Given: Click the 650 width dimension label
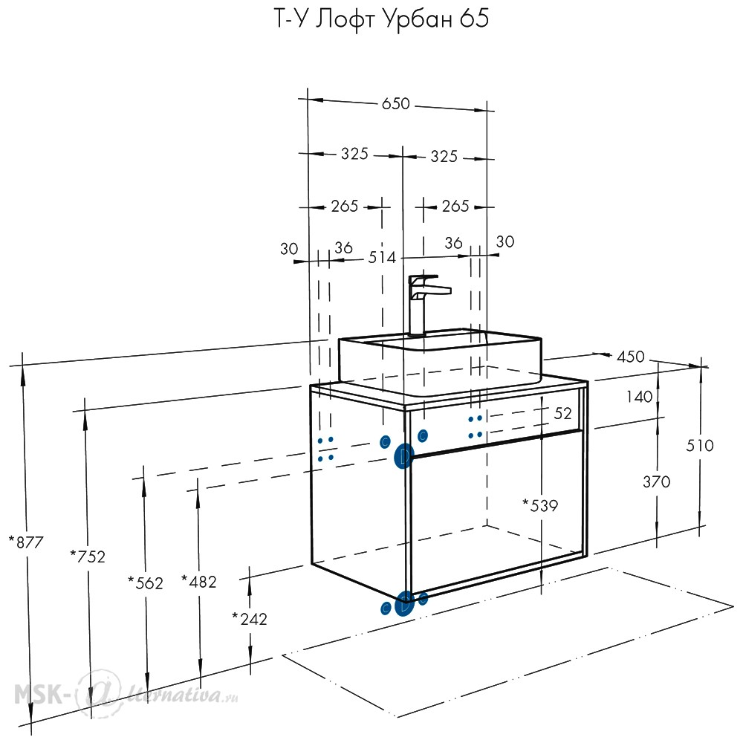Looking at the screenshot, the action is pyautogui.click(x=396, y=103).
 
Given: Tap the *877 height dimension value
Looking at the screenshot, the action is pyautogui.click(x=26, y=542).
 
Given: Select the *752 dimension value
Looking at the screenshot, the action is pyautogui.click(x=88, y=557).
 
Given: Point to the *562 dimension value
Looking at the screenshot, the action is pyautogui.click(x=146, y=583).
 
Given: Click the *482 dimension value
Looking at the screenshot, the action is pyautogui.click(x=199, y=582).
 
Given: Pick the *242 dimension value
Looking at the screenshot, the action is pyautogui.click(x=250, y=619).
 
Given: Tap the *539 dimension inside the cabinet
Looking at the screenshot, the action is pyautogui.click(x=540, y=505).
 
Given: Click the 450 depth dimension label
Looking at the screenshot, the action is pyautogui.click(x=631, y=357).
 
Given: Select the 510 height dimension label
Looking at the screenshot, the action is pyautogui.click(x=700, y=445).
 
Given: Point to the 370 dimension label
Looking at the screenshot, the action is pyautogui.click(x=656, y=482).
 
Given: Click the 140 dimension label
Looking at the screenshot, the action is pyautogui.click(x=639, y=397).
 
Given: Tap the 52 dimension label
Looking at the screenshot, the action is pyautogui.click(x=563, y=413).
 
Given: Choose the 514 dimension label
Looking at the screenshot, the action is pyautogui.click(x=382, y=257).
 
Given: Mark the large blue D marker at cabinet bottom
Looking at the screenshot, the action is pyautogui.click(x=404, y=604).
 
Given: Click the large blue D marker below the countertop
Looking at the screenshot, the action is pyautogui.click(x=403, y=456).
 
